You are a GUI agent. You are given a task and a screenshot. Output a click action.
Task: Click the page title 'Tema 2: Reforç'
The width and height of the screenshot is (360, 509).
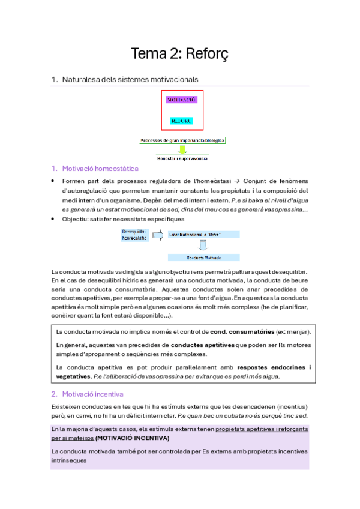tap(179, 54)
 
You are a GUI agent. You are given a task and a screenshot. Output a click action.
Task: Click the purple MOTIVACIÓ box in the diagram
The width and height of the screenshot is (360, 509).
tap(182, 100)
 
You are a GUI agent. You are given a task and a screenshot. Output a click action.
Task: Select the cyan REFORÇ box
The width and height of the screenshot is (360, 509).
tap(182, 121)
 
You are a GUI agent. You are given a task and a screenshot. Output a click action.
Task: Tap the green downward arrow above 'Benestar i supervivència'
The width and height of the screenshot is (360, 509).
tap(182, 150)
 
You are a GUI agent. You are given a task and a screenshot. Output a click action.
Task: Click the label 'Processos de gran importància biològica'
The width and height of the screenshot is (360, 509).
tap(182, 140)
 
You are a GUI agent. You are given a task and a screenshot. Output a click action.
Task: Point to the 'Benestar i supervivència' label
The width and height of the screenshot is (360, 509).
tap(182, 159)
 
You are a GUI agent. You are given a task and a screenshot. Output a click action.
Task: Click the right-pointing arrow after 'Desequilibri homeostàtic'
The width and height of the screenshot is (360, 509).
tap(159, 235)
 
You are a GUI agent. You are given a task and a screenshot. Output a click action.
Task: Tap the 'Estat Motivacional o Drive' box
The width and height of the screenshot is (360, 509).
tap(203, 235)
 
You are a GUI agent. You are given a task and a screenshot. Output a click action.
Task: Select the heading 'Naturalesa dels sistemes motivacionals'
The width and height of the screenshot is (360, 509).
tap(130, 79)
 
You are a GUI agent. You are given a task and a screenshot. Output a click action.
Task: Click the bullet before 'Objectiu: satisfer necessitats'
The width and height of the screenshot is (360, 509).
tap(54, 219)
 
